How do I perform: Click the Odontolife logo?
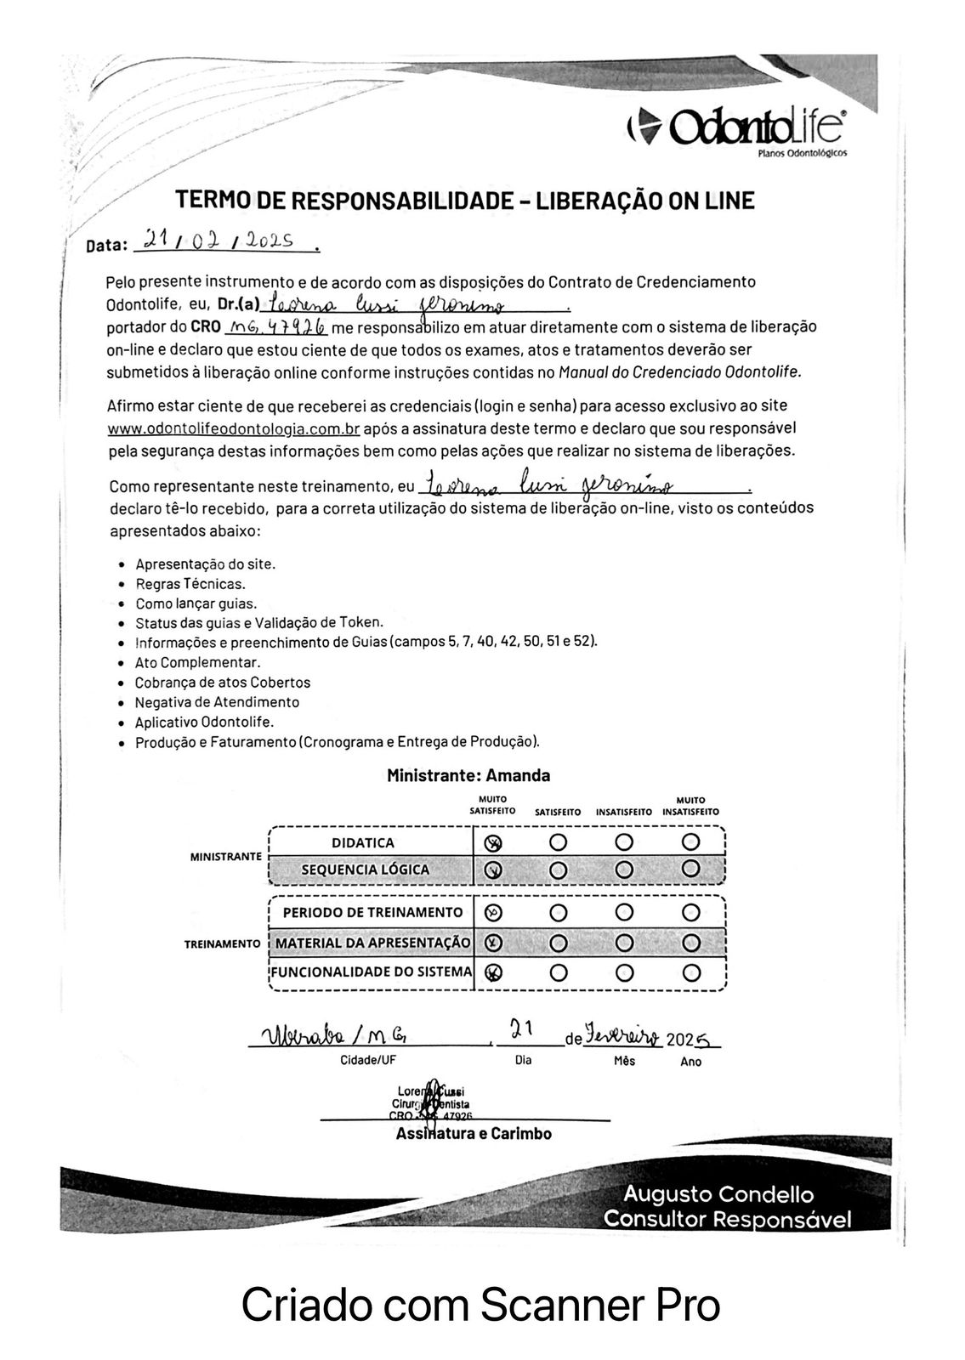[735, 128]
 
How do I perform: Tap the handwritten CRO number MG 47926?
[275, 326]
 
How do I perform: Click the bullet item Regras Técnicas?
[190, 584]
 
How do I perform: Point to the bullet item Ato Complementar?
[197, 662]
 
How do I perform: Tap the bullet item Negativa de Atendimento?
[217, 702]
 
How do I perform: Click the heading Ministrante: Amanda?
[468, 775]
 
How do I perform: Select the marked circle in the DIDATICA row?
[493, 842]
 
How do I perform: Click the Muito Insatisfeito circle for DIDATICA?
[690, 842]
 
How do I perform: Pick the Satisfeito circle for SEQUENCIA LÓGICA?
[559, 870]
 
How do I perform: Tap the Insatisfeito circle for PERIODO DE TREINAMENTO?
[625, 913]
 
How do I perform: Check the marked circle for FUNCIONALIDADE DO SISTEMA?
[493, 972]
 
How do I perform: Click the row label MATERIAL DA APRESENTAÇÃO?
[373, 943]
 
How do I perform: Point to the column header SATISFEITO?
[558, 813]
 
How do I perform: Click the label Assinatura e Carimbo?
[474, 1134]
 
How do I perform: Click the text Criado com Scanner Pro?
[481, 1305]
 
